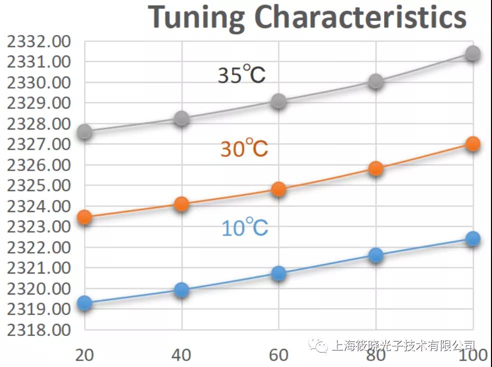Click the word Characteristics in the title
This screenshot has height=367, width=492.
click(x=360, y=18)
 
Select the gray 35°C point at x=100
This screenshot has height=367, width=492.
click(x=472, y=53)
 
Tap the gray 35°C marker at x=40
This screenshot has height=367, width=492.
click(x=181, y=118)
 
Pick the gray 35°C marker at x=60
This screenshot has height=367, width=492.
click(x=278, y=101)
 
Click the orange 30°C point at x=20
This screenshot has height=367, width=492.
click(x=85, y=217)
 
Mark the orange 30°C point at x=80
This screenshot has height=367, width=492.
click(x=375, y=168)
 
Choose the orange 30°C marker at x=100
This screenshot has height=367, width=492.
click(x=472, y=144)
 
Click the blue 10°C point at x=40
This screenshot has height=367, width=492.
click(x=181, y=290)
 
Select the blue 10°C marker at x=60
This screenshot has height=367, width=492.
click(x=278, y=273)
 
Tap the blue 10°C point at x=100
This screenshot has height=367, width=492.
click(x=472, y=238)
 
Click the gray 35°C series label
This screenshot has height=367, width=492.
click(x=241, y=75)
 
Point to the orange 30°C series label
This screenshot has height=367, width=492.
click(x=244, y=148)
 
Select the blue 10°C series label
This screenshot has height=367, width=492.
click(x=244, y=228)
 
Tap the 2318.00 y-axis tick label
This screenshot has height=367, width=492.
click(x=38, y=330)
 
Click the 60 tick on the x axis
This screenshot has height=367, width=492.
click(x=278, y=354)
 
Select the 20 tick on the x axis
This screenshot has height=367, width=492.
click(x=85, y=354)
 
